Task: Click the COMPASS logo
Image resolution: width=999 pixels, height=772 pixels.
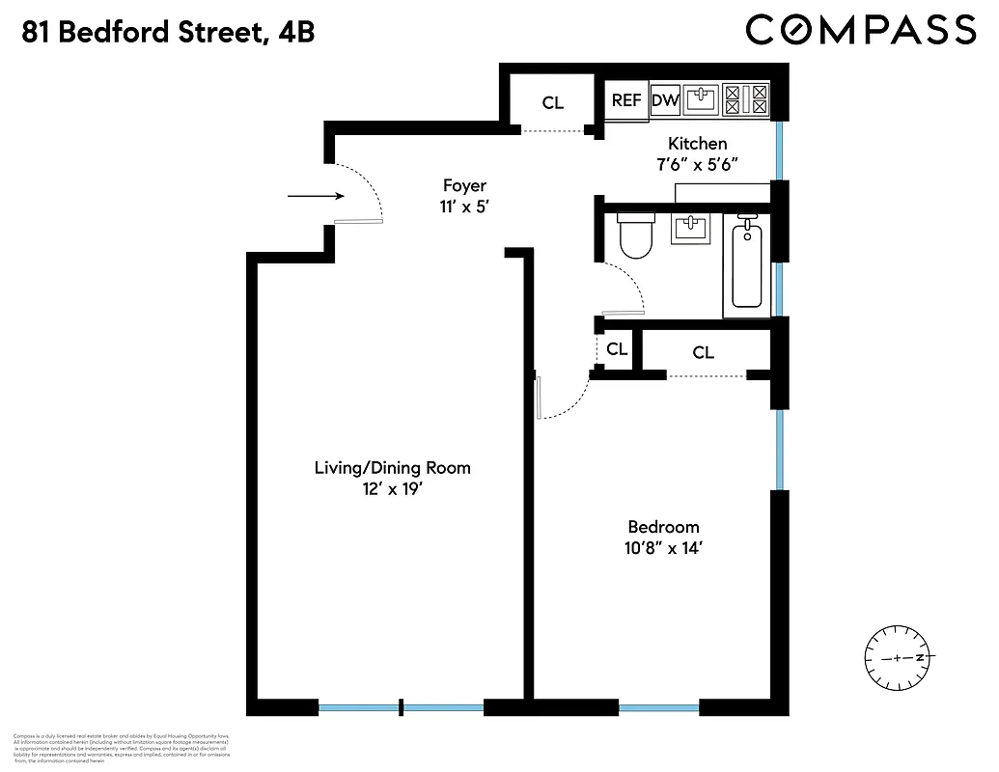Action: [x=861, y=30]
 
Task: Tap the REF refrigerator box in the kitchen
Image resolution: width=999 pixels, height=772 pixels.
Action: [x=627, y=100]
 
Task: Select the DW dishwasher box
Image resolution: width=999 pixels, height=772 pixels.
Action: [x=665, y=100]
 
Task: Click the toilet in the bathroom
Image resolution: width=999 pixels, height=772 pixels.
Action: [x=636, y=235]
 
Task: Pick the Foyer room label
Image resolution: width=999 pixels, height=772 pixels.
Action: [x=464, y=185]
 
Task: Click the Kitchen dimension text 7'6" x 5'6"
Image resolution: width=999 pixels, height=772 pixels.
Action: [x=697, y=164]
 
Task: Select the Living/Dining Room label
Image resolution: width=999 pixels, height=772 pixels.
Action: [x=393, y=468]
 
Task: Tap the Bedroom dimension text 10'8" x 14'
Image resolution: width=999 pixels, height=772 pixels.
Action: [x=663, y=550]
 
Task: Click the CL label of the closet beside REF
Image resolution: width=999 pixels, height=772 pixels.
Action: [x=552, y=102]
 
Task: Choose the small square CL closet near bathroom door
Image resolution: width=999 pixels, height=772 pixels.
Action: [x=617, y=348]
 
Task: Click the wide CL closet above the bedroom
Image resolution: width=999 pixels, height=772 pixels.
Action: [x=703, y=353]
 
